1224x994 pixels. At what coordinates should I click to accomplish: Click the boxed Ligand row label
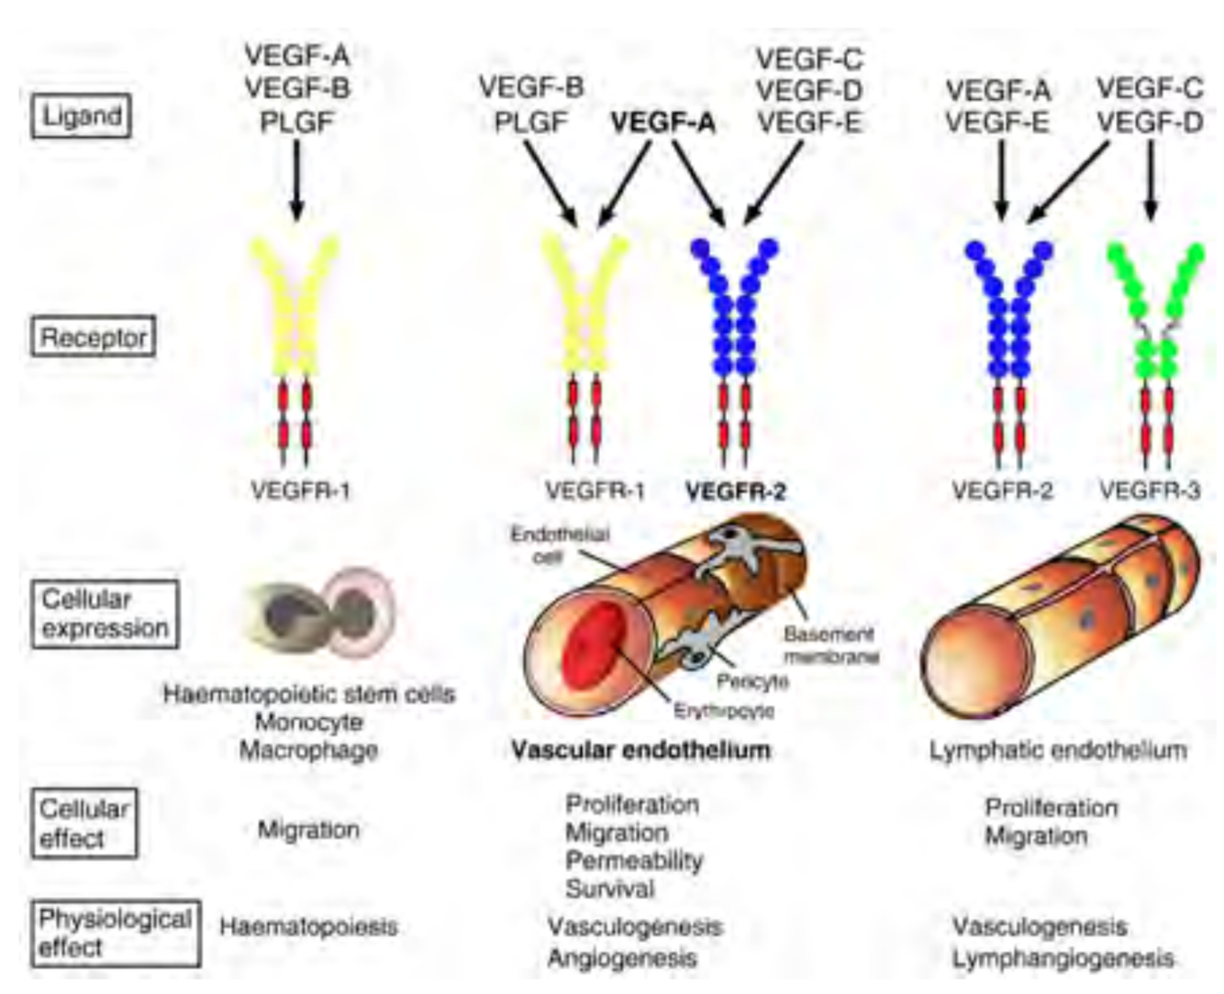(82, 116)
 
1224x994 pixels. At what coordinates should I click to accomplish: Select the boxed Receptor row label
(94, 337)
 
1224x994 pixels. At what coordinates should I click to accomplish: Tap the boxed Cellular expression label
(105, 613)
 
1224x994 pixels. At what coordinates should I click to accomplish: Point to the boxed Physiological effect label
(115, 933)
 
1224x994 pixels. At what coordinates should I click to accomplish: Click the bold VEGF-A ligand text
(663, 123)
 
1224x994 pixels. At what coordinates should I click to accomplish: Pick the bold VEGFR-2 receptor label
(736, 491)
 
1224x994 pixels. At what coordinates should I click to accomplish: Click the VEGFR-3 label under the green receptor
(1149, 491)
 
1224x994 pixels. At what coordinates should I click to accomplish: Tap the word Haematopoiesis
(308, 926)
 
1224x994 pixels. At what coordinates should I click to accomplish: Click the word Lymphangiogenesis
(1063, 958)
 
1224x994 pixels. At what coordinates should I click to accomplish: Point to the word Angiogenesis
(622, 958)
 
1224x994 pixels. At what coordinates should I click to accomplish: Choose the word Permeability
(634, 860)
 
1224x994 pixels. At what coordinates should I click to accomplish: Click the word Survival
(610, 889)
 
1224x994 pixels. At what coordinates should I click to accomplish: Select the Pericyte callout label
(752, 681)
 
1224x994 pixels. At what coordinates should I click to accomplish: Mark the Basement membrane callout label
(831, 645)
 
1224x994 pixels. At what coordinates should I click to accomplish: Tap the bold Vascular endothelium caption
(640, 750)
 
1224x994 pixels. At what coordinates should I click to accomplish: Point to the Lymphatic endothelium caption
(1058, 750)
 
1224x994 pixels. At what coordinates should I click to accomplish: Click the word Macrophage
(308, 750)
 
